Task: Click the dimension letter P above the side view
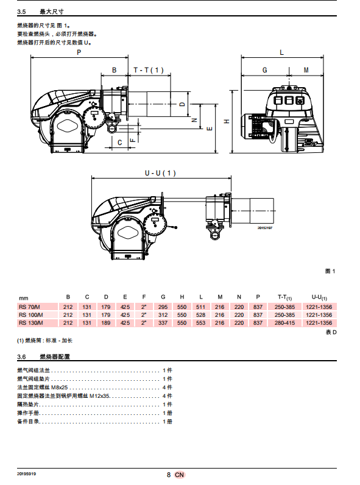pyautogui.click(x=79, y=52)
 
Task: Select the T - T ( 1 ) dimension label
pyautogui.click(x=149, y=70)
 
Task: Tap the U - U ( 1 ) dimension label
pyautogui.click(x=160, y=173)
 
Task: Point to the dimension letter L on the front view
pyautogui.click(x=281, y=52)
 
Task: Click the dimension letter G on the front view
pyautogui.click(x=265, y=70)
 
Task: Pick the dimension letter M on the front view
pyautogui.click(x=306, y=70)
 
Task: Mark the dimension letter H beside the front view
pyautogui.click(x=227, y=121)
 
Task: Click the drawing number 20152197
pyautogui.click(x=265, y=228)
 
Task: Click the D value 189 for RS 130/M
pyautogui.click(x=106, y=323)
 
